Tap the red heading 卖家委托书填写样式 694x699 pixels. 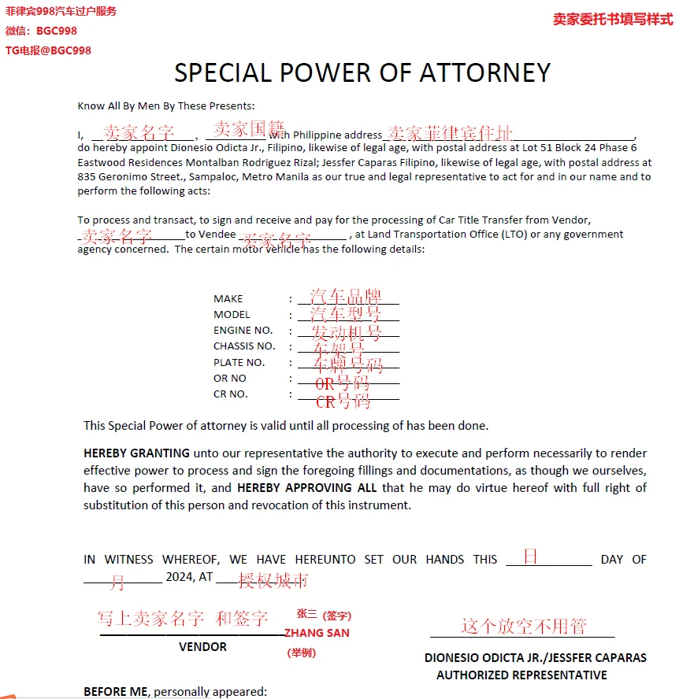point(613,20)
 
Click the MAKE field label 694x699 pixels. point(228,298)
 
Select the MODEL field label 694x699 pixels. point(232,315)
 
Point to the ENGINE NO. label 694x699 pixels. point(243,331)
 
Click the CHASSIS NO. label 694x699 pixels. point(244,346)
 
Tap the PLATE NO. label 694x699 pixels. point(239,363)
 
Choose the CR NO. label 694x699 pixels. point(230,394)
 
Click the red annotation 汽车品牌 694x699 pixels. point(345,297)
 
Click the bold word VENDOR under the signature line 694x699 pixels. point(202,647)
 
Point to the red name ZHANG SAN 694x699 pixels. point(317,633)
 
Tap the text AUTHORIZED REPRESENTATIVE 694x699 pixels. point(521,675)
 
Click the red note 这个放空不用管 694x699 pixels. point(524,627)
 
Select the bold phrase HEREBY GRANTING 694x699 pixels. point(136,453)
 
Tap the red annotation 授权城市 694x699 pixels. point(273,581)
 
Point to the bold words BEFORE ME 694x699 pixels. point(115,692)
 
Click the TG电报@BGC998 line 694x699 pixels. point(48,50)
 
